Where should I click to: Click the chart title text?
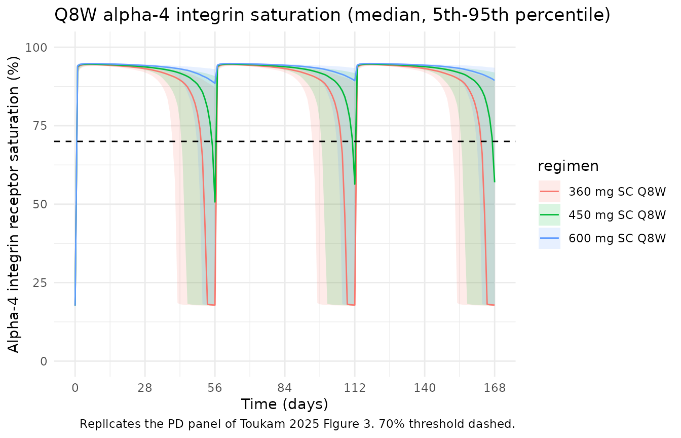(x=332, y=16)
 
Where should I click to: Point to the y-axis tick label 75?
(x=40, y=126)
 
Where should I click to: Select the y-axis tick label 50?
(x=40, y=204)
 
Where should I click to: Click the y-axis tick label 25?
(x=40, y=283)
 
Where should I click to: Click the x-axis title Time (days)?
(x=284, y=405)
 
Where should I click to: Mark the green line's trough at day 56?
(x=215, y=201)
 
